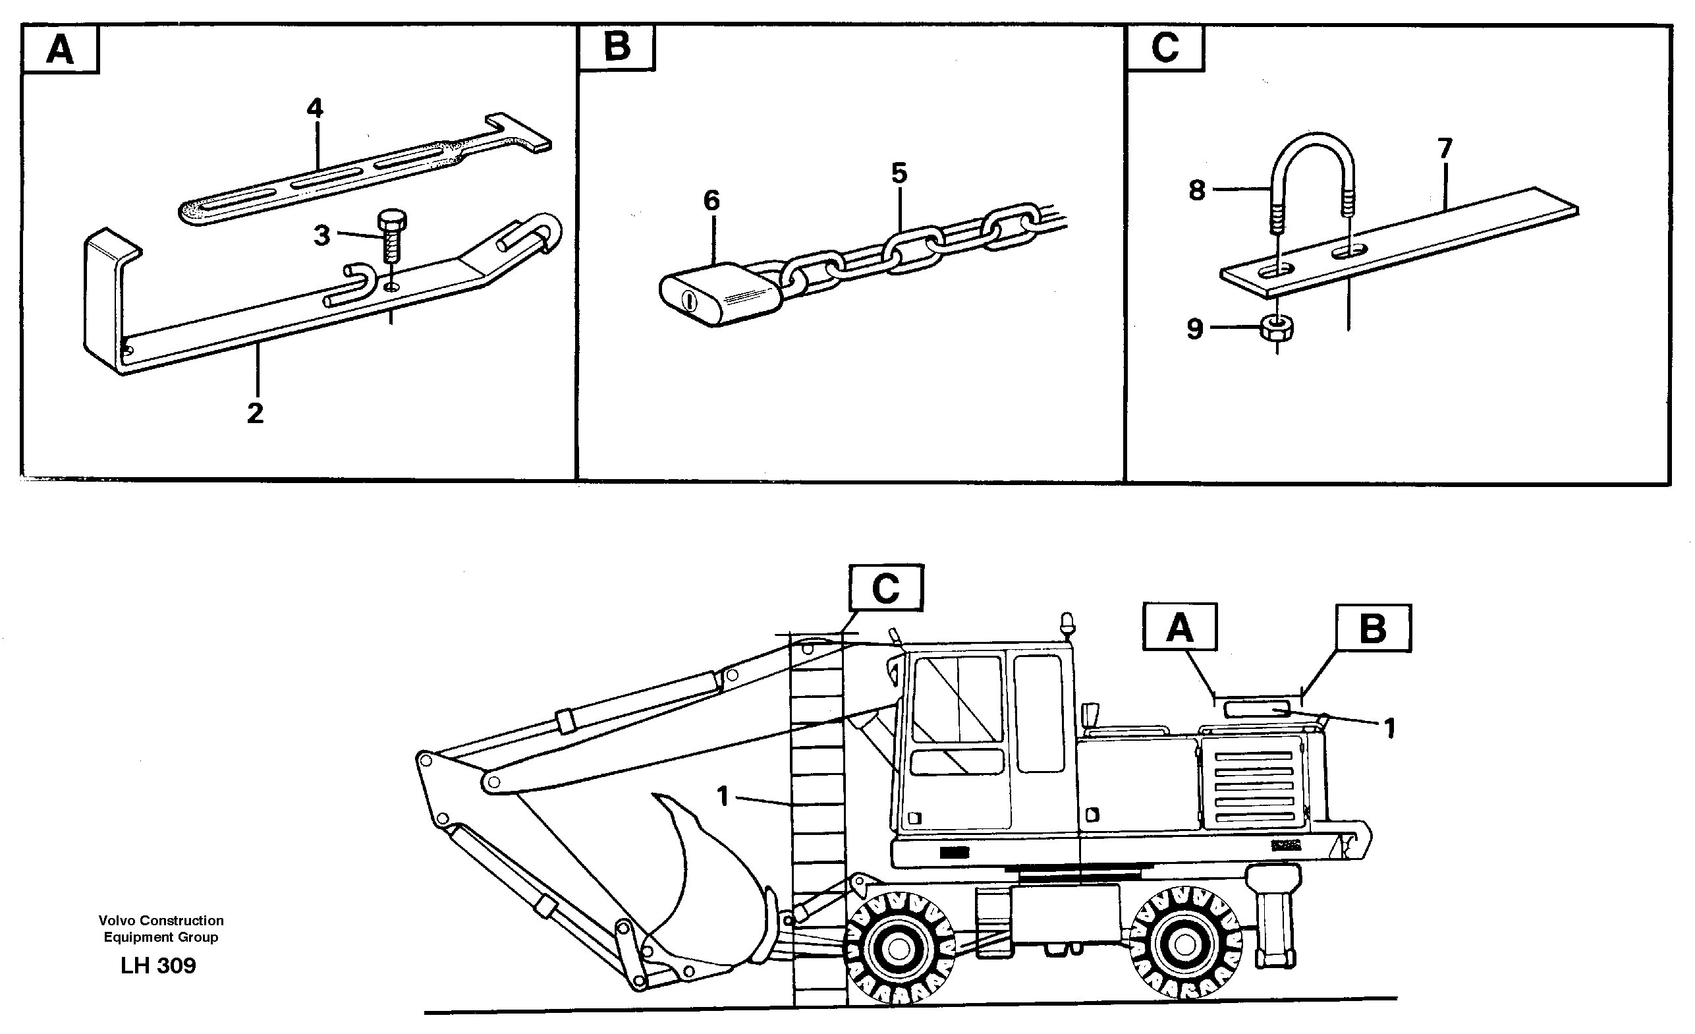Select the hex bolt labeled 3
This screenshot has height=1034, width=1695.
click(391, 235)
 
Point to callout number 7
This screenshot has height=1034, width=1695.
click(1445, 148)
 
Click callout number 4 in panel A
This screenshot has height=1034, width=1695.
click(314, 108)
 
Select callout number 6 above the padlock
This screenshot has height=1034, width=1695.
click(711, 201)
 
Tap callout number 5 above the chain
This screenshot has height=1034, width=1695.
click(899, 173)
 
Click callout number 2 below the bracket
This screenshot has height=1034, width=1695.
click(254, 413)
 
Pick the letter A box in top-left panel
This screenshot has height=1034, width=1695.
click(61, 49)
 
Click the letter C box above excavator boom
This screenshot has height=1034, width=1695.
click(885, 589)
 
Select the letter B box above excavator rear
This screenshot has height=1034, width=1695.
click(1373, 629)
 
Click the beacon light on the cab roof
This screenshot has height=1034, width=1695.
click(1067, 623)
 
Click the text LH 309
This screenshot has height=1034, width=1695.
click(158, 967)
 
